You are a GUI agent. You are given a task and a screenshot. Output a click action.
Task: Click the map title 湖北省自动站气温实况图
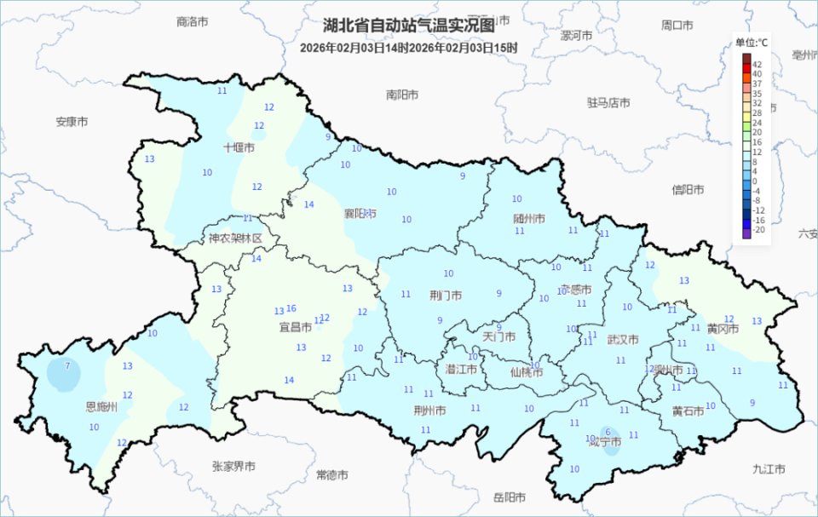[x=408, y=26]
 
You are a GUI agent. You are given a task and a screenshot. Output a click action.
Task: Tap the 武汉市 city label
[x=623, y=339]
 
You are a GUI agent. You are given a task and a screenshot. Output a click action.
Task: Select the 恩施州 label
[x=101, y=407]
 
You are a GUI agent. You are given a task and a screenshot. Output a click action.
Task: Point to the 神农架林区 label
[x=235, y=238]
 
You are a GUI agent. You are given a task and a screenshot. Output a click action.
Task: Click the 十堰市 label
[x=239, y=147]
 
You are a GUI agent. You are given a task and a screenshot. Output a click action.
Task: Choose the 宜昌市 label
[x=295, y=326]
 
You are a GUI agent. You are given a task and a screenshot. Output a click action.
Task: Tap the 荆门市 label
[x=446, y=296]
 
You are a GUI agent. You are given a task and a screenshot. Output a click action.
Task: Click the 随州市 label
[x=529, y=218]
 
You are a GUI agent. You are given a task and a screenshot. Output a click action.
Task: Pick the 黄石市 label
[x=688, y=411]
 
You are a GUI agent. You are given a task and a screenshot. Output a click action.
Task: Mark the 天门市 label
[x=499, y=336]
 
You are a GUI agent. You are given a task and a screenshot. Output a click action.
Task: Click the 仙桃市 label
[x=526, y=371]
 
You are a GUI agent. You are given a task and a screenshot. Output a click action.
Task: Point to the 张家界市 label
[x=233, y=466]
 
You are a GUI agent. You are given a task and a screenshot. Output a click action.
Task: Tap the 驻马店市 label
[x=608, y=102]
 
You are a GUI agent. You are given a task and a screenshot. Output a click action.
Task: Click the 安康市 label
[x=72, y=122]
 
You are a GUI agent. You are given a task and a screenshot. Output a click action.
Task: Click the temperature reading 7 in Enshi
[x=67, y=365]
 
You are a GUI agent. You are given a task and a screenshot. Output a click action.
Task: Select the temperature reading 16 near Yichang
[x=291, y=308]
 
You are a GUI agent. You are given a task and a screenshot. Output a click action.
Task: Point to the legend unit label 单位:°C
[x=752, y=43]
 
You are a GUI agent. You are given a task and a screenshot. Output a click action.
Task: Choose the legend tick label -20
[x=758, y=230]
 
